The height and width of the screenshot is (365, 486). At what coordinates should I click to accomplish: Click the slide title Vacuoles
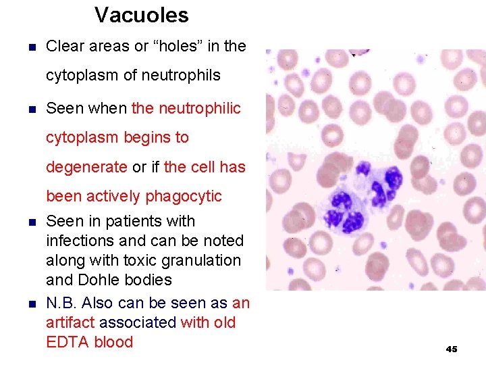141,15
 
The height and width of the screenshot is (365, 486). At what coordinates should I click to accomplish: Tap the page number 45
452,349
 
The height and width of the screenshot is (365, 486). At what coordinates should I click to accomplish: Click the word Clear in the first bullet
64,47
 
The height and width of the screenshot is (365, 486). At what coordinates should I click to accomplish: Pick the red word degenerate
86,167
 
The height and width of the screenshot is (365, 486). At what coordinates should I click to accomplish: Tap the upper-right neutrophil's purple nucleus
382,181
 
